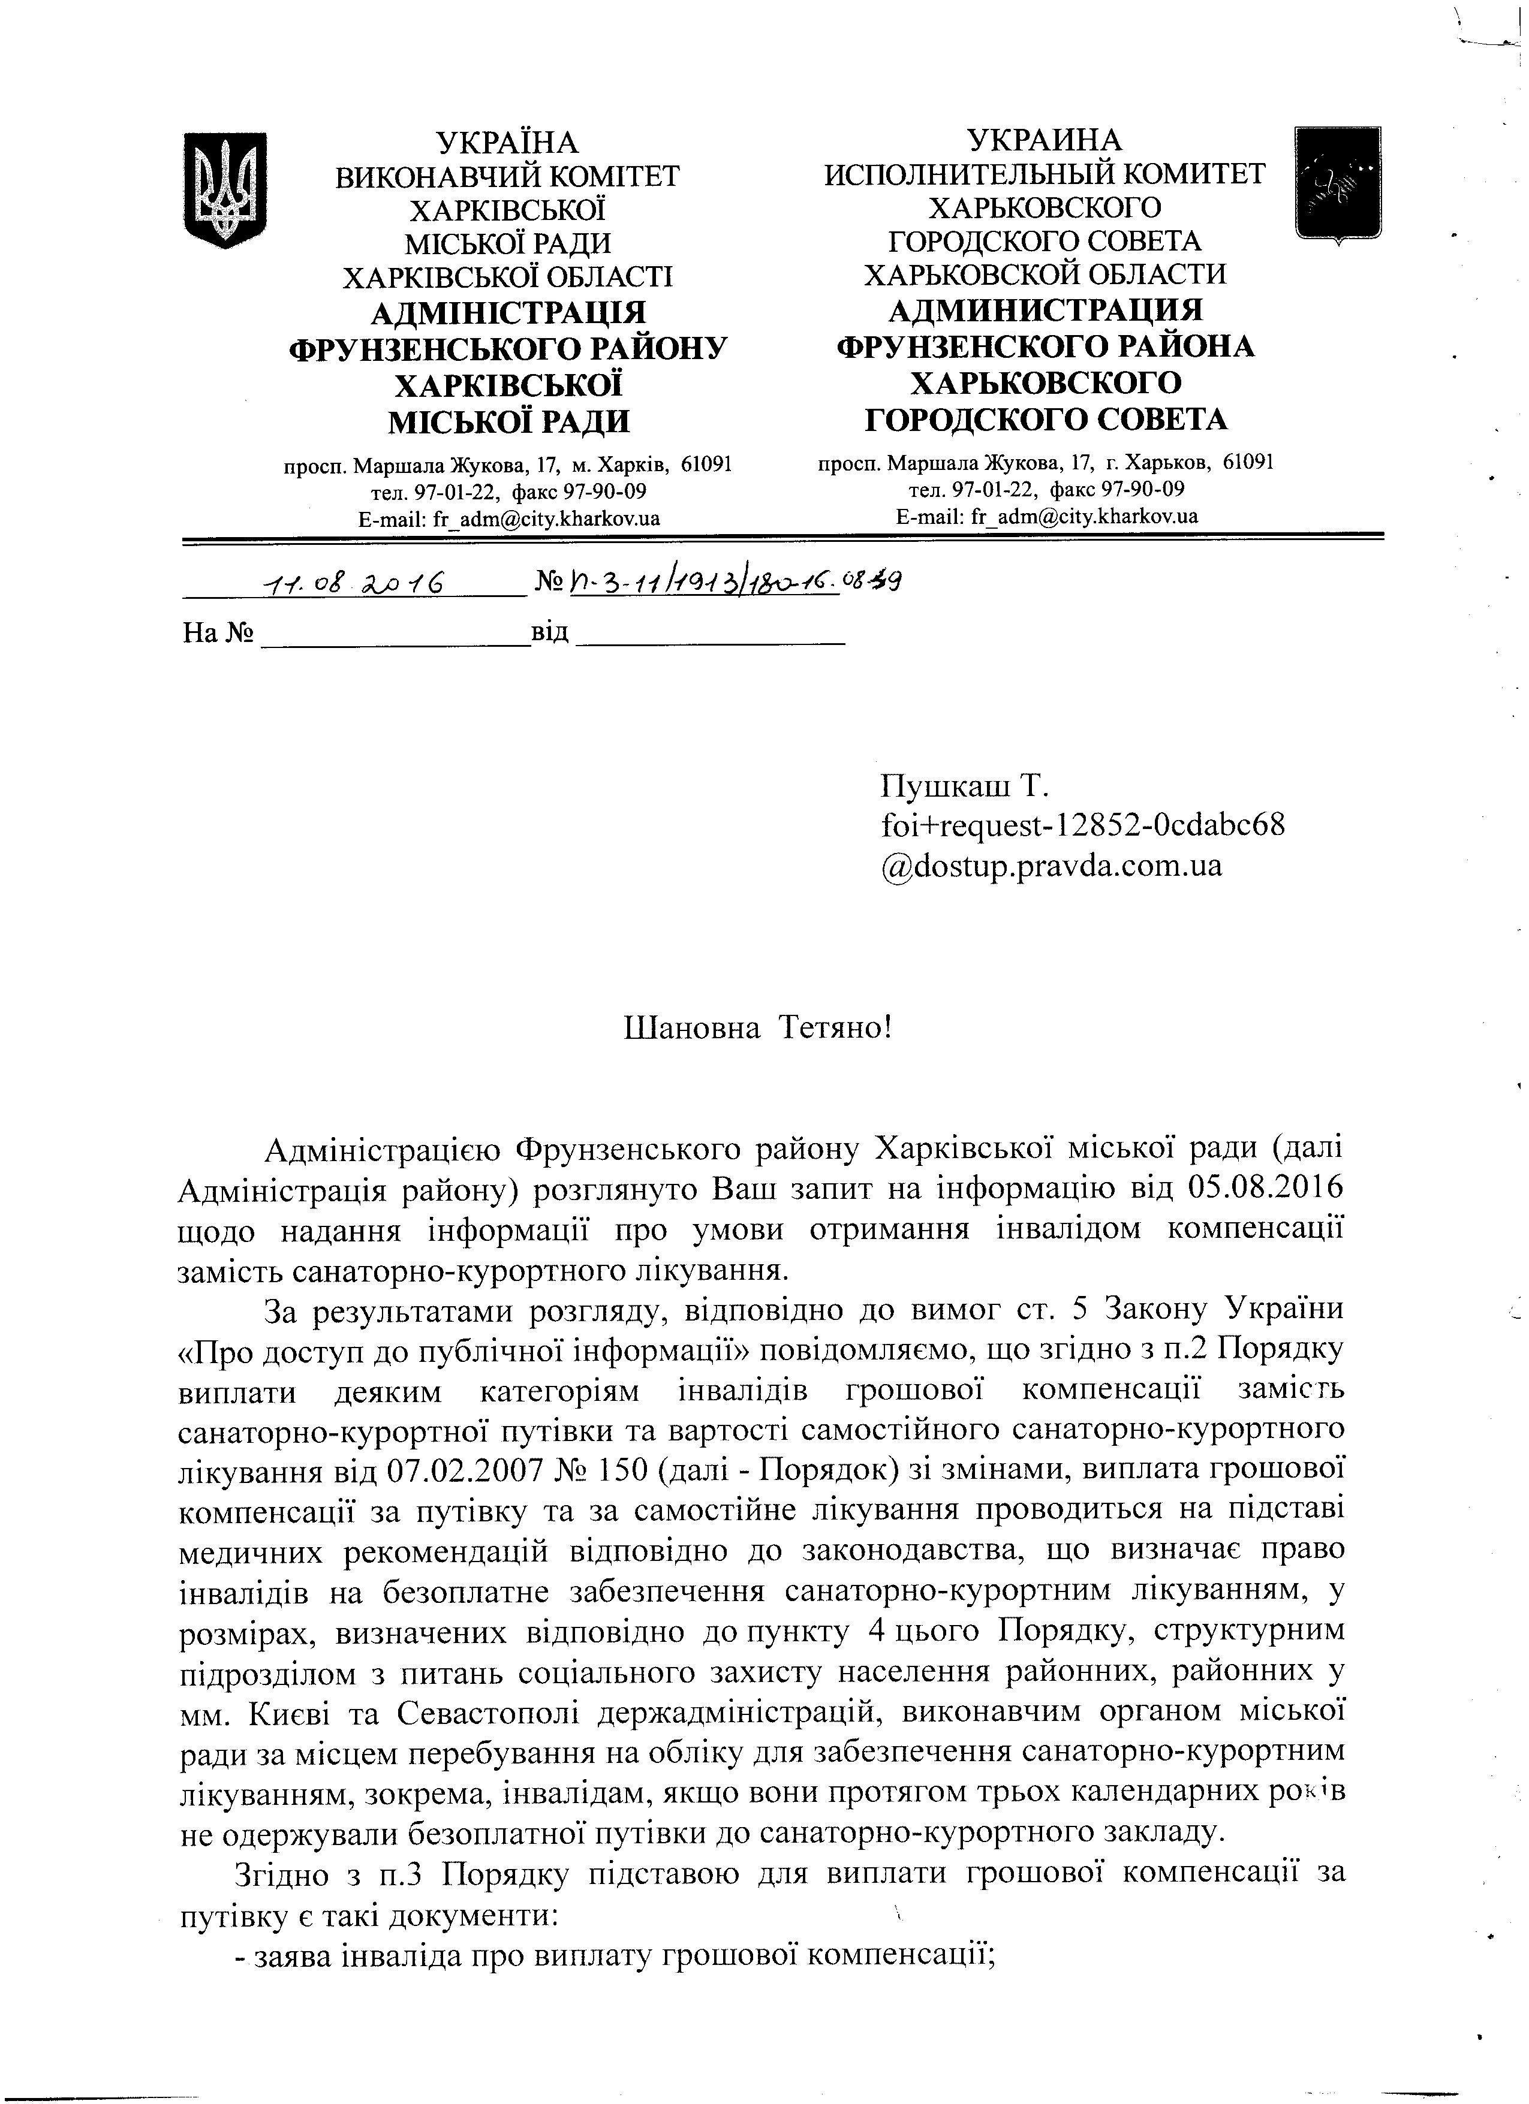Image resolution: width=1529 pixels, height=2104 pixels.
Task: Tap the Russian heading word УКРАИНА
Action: [1044, 140]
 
